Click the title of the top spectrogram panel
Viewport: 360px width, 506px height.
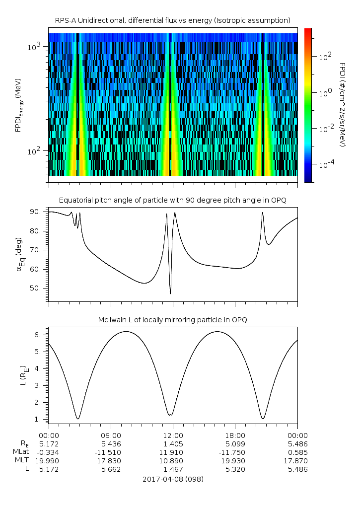(172, 20)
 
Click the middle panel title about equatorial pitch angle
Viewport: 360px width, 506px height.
(172, 200)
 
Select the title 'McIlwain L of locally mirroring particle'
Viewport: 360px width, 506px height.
(172, 319)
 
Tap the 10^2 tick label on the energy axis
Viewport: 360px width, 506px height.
(37, 151)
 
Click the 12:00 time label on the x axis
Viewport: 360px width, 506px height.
(173, 434)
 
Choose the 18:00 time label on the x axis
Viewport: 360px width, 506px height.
(235, 434)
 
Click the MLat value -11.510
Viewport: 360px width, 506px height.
(111, 452)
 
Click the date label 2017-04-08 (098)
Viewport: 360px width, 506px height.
(172, 479)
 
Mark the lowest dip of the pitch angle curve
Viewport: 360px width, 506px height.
(170, 293)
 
